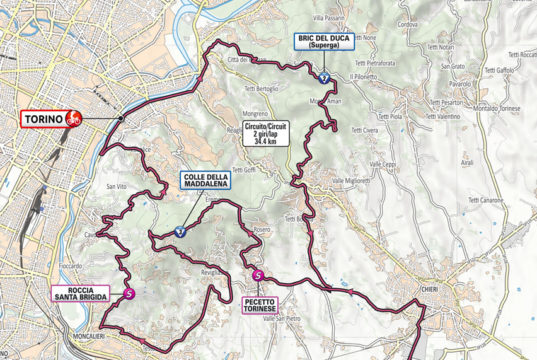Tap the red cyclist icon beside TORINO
[73, 119]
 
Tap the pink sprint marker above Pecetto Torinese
[259, 275]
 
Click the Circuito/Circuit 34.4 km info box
[266, 134]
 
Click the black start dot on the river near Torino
[121, 118]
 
